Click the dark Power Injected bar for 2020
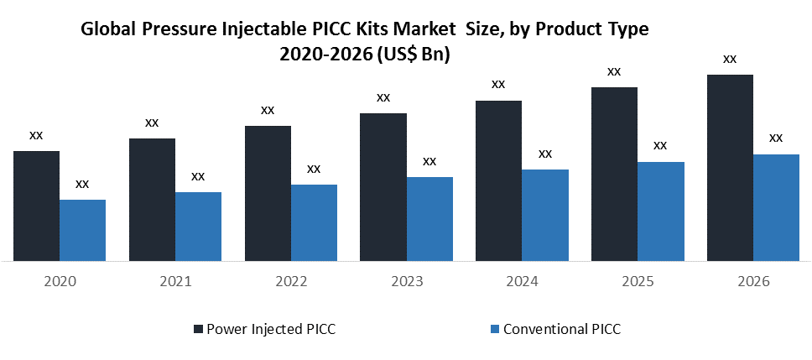[x=36, y=206]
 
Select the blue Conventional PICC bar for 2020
[x=82, y=230]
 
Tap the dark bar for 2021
[x=152, y=200]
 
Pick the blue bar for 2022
[x=314, y=222]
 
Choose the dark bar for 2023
[x=383, y=187]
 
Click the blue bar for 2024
[x=545, y=215]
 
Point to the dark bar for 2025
[x=614, y=174]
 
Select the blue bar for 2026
[x=776, y=207]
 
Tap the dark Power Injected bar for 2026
[x=730, y=168]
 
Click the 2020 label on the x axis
[x=59, y=282]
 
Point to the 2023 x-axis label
[x=406, y=282]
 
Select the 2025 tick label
[x=638, y=282]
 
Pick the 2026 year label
[x=752, y=282]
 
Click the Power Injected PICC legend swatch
[x=198, y=329]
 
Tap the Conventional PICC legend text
[x=561, y=329]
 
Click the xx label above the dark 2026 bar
[x=730, y=59]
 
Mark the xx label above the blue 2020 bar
[x=82, y=184]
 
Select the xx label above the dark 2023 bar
[x=383, y=97]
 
